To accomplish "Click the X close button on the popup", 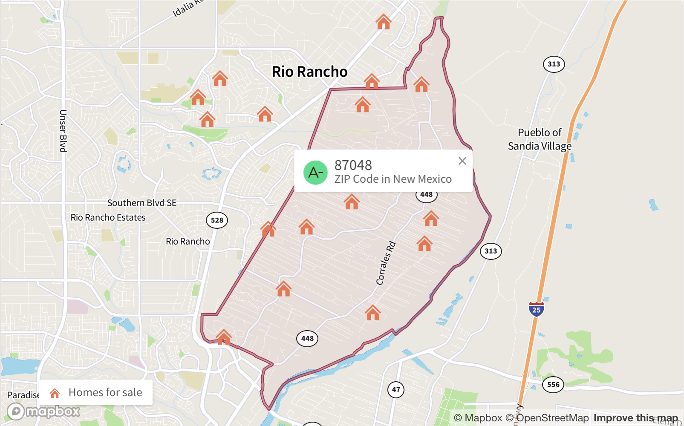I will [462, 161].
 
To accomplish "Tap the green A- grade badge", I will [315, 173].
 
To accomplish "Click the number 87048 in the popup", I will [353, 165].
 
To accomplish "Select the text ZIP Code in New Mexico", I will [393, 179].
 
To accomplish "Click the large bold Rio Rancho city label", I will [310, 72].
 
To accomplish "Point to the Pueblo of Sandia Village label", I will [540, 139].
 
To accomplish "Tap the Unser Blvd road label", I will [63, 131].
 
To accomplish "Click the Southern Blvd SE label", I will [141, 203].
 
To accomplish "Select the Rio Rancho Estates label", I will [108, 217].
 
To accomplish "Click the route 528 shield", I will [217, 220].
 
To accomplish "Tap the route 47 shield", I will [396, 389].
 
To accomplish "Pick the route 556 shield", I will [553, 385].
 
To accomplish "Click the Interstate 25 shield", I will [536, 309].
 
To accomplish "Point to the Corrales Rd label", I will [386, 263].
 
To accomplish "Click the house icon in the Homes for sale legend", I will [55, 393].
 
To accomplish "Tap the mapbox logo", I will [43, 412].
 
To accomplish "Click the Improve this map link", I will [635, 418].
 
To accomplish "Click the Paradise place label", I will [23, 395].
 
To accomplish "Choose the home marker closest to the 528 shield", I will [268, 229].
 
